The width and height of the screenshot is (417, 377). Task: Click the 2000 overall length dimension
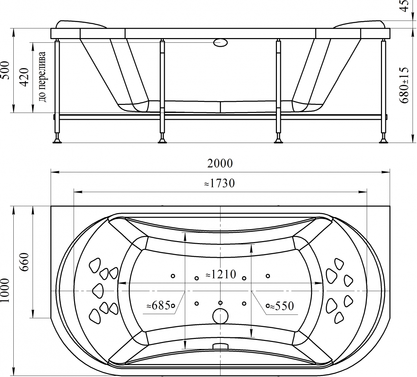pyautogui.click(x=220, y=163)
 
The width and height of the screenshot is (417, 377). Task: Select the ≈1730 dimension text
pyautogui.click(x=220, y=183)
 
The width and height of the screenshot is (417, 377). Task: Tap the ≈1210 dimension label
pyautogui.click(x=221, y=274)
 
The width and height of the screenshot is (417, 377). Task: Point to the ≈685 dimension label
pyautogui.click(x=158, y=306)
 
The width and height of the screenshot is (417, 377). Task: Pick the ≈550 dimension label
pyautogui.click(x=282, y=306)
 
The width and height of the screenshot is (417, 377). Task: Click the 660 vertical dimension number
pyautogui.click(x=25, y=262)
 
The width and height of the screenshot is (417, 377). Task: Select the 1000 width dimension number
pyautogui.click(x=5, y=290)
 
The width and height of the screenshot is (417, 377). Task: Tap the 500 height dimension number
pyautogui.click(x=5, y=70)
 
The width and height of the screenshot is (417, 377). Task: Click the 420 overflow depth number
pyautogui.click(x=24, y=77)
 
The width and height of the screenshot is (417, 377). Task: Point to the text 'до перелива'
pyautogui.click(x=42, y=77)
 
